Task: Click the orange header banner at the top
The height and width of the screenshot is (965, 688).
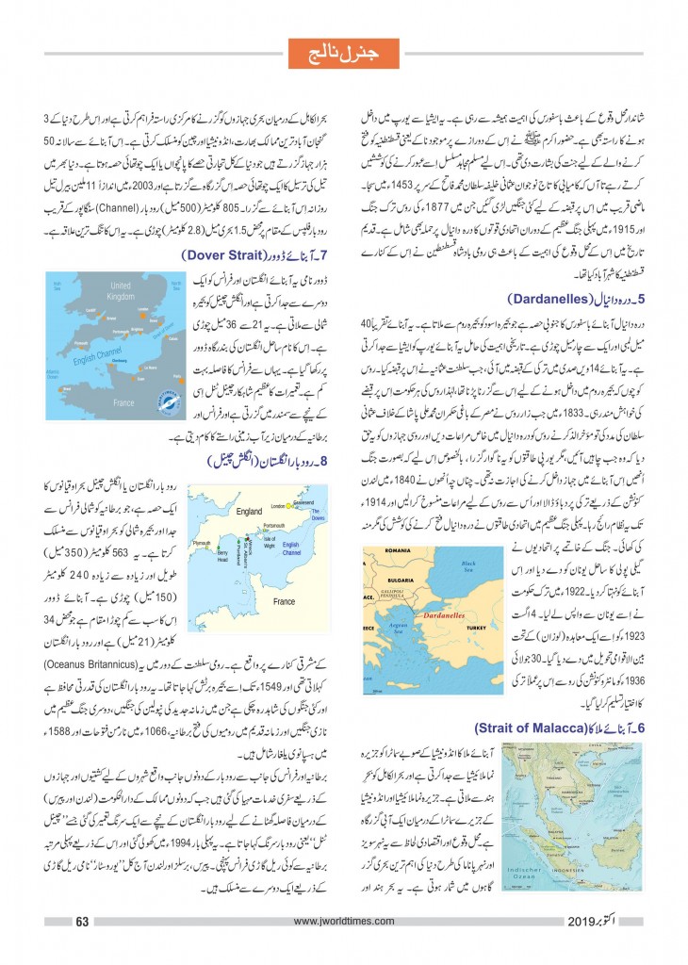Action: click(343, 49)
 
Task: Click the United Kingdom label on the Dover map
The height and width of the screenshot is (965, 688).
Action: click(120, 289)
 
